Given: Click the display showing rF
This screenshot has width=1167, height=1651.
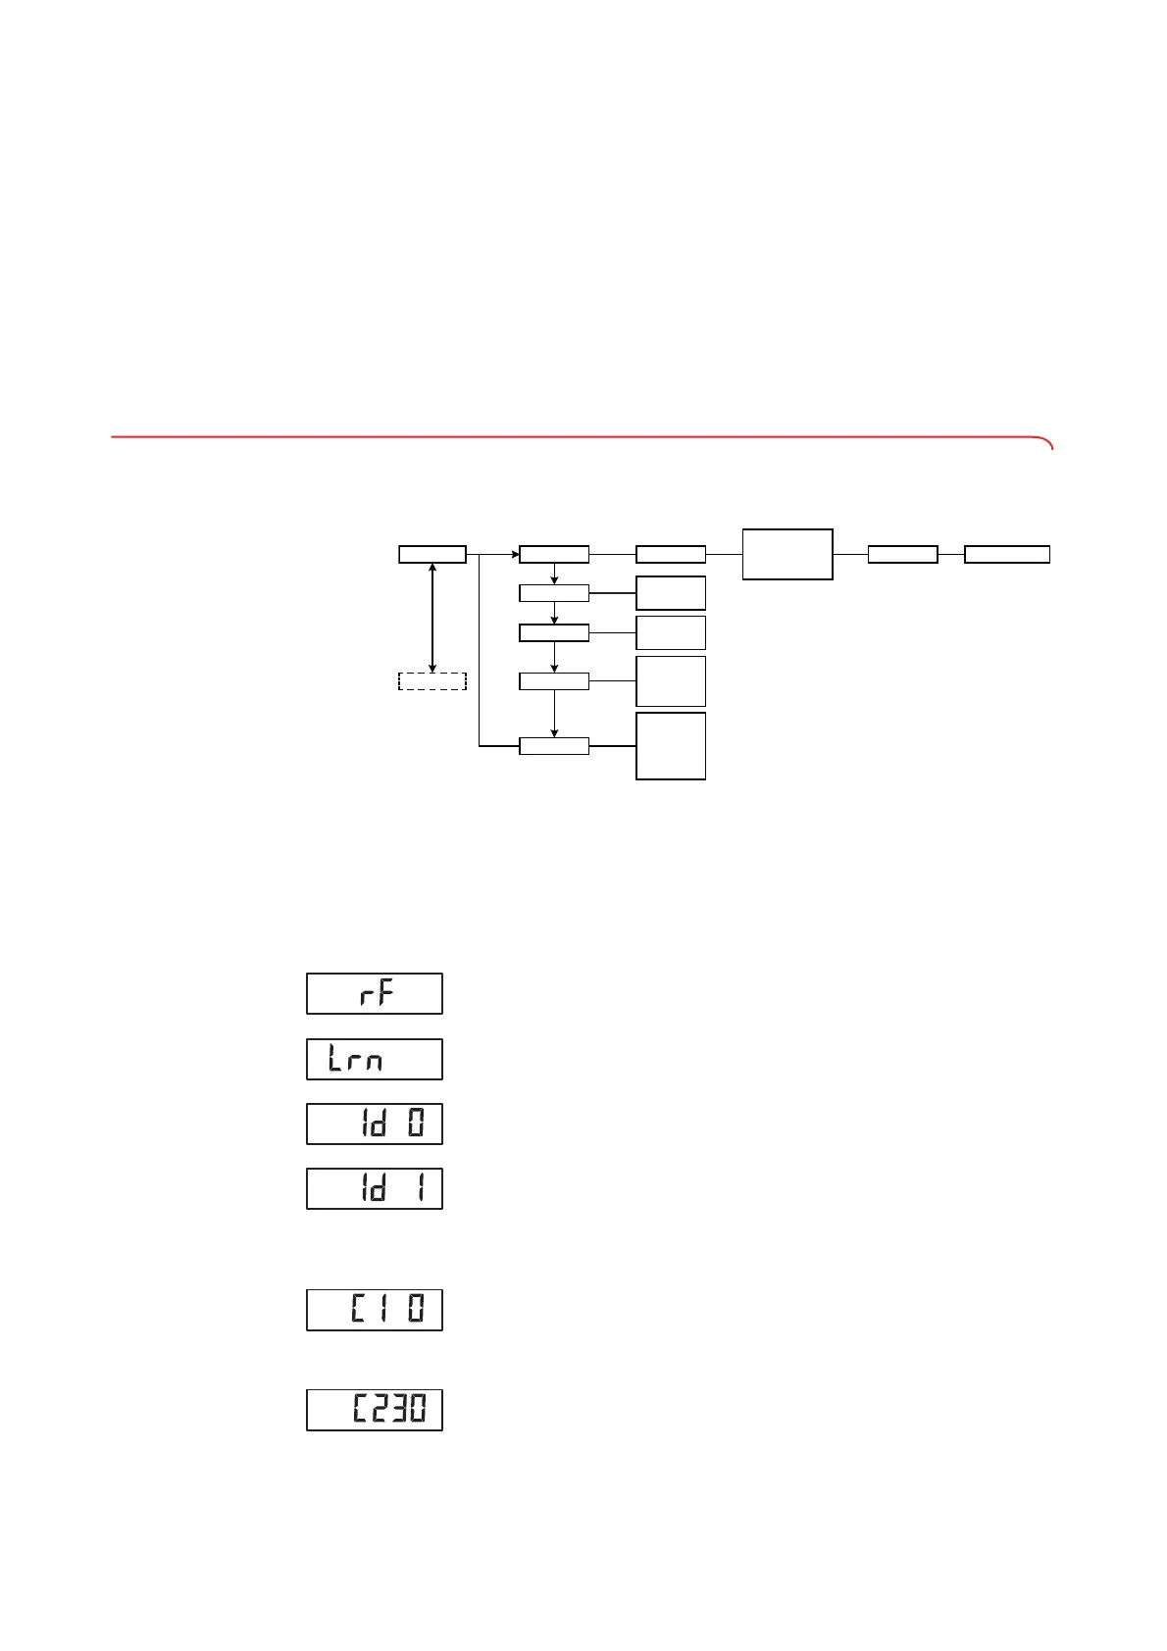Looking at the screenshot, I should click(375, 993).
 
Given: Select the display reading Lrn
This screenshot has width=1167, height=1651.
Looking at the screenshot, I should click(375, 1059).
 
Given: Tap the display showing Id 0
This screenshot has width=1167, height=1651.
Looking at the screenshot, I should click(375, 1124).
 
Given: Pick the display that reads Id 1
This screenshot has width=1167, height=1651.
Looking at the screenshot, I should click(375, 1188).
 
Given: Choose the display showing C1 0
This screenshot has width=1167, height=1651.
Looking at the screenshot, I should click(375, 1310).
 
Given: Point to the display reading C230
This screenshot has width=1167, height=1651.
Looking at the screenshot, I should click(375, 1410).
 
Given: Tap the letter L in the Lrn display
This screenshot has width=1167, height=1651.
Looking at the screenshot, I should click(335, 1059).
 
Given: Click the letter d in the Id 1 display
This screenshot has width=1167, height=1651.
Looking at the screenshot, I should click(378, 1188).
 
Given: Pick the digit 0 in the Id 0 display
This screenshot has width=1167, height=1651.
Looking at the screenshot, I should click(417, 1124).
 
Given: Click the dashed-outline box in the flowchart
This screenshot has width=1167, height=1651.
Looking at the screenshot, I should click(431, 681).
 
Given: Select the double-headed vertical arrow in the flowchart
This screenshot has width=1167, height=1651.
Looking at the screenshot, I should click(432, 618).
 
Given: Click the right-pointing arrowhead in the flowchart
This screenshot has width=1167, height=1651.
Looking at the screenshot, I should click(513, 554).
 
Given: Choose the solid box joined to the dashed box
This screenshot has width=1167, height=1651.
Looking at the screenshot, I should click(431, 554).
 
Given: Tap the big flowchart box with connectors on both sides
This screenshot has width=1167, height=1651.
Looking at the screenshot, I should click(787, 554).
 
